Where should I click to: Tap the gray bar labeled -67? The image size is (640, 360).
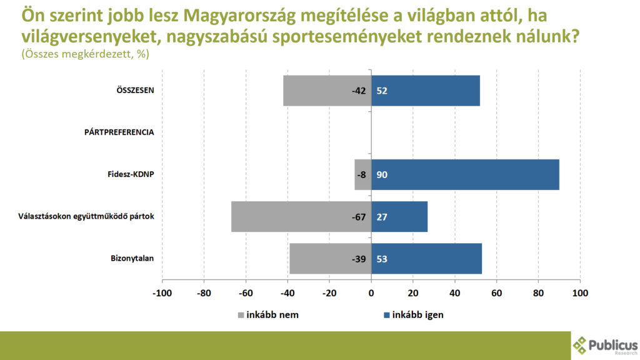pyautogui.click(x=294, y=217)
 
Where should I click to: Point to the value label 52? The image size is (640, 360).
pyautogui.click(x=382, y=91)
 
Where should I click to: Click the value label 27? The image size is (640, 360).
pyautogui.click(x=382, y=217)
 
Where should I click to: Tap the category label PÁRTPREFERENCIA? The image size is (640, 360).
pyautogui.click(x=119, y=132)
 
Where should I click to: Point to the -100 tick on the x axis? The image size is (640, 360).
pyautogui.click(x=162, y=293)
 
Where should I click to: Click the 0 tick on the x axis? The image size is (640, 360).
pyautogui.click(x=371, y=293)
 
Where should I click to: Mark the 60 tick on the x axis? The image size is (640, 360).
pyautogui.click(x=497, y=293)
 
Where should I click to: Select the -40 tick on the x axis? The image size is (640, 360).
pyautogui.click(x=287, y=293)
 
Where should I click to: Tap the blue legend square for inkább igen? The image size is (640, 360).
pyautogui.click(x=386, y=314)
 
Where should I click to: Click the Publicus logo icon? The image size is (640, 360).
pyautogui.click(x=581, y=344)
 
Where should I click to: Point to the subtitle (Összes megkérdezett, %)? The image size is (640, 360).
pyautogui.click(x=85, y=54)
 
